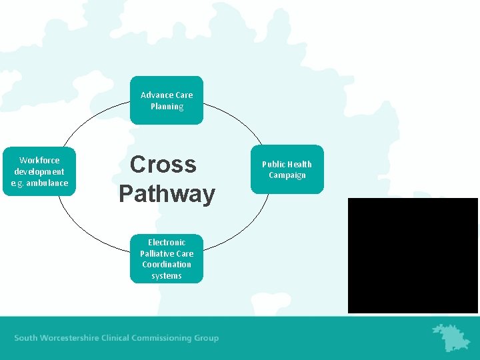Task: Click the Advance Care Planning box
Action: (x=167, y=101)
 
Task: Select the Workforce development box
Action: (x=39, y=171)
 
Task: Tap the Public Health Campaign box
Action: (x=287, y=169)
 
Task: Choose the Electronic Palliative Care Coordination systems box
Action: (x=167, y=259)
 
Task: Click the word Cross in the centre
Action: (x=163, y=165)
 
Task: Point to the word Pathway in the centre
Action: (x=167, y=194)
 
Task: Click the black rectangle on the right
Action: (x=413, y=255)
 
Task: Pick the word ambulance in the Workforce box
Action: (x=47, y=183)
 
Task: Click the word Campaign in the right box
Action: (x=287, y=175)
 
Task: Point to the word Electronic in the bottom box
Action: (x=167, y=242)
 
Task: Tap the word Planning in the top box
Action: (x=167, y=107)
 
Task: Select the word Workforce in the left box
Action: (x=39, y=160)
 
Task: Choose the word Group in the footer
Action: (x=206, y=338)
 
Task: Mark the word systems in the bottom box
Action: (x=167, y=275)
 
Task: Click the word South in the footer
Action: (x=26, y=338)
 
